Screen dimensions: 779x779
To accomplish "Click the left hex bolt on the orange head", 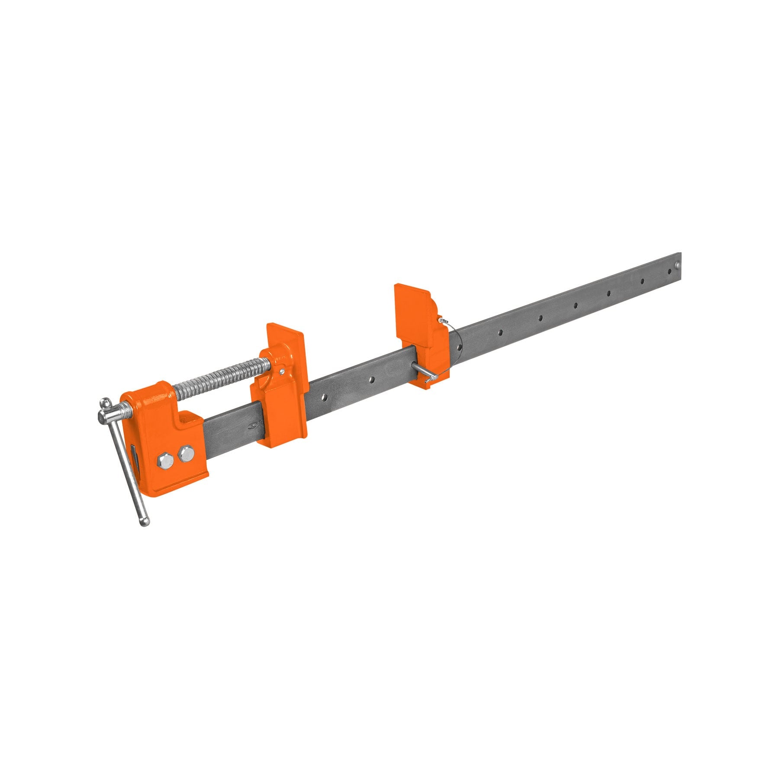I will (x=165, y=460).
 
